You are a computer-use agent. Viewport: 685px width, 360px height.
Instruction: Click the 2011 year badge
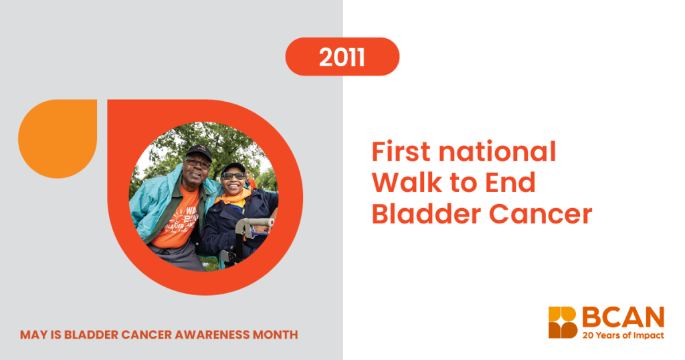[342, 57]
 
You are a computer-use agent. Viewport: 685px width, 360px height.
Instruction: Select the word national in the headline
[497, 152]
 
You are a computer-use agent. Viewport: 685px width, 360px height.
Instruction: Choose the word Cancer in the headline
[541, 214]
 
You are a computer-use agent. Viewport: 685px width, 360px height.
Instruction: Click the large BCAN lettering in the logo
[623, 317]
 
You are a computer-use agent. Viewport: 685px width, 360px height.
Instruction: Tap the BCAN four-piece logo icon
[563, 323]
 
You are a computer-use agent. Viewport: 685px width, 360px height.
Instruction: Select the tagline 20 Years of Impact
[623, 335]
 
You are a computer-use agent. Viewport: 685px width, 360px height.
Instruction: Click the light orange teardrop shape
[58, 139]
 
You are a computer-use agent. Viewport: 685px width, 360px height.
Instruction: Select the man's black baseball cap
[199, 152]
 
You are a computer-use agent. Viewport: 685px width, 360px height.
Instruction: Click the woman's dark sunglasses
[233, 175]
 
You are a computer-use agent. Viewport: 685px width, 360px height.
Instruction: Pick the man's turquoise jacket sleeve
[148, 205]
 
